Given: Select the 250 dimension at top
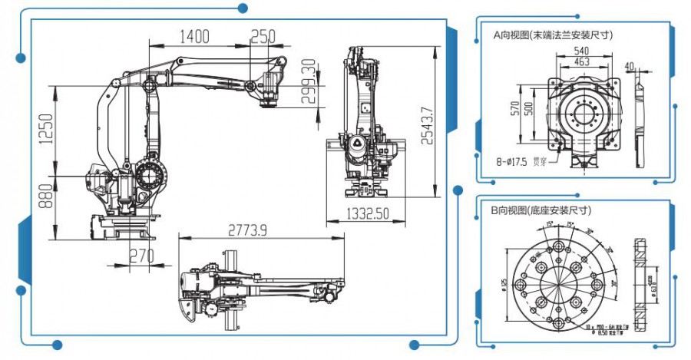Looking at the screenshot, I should click(263, 36).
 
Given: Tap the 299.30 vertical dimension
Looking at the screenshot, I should click(309, 81).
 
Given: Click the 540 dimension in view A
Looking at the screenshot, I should click(581, 51).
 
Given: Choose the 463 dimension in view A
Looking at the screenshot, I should click(581, 61).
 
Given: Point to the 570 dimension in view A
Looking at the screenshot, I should click(515, 110).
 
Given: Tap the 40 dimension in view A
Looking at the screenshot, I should click(630, 66).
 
